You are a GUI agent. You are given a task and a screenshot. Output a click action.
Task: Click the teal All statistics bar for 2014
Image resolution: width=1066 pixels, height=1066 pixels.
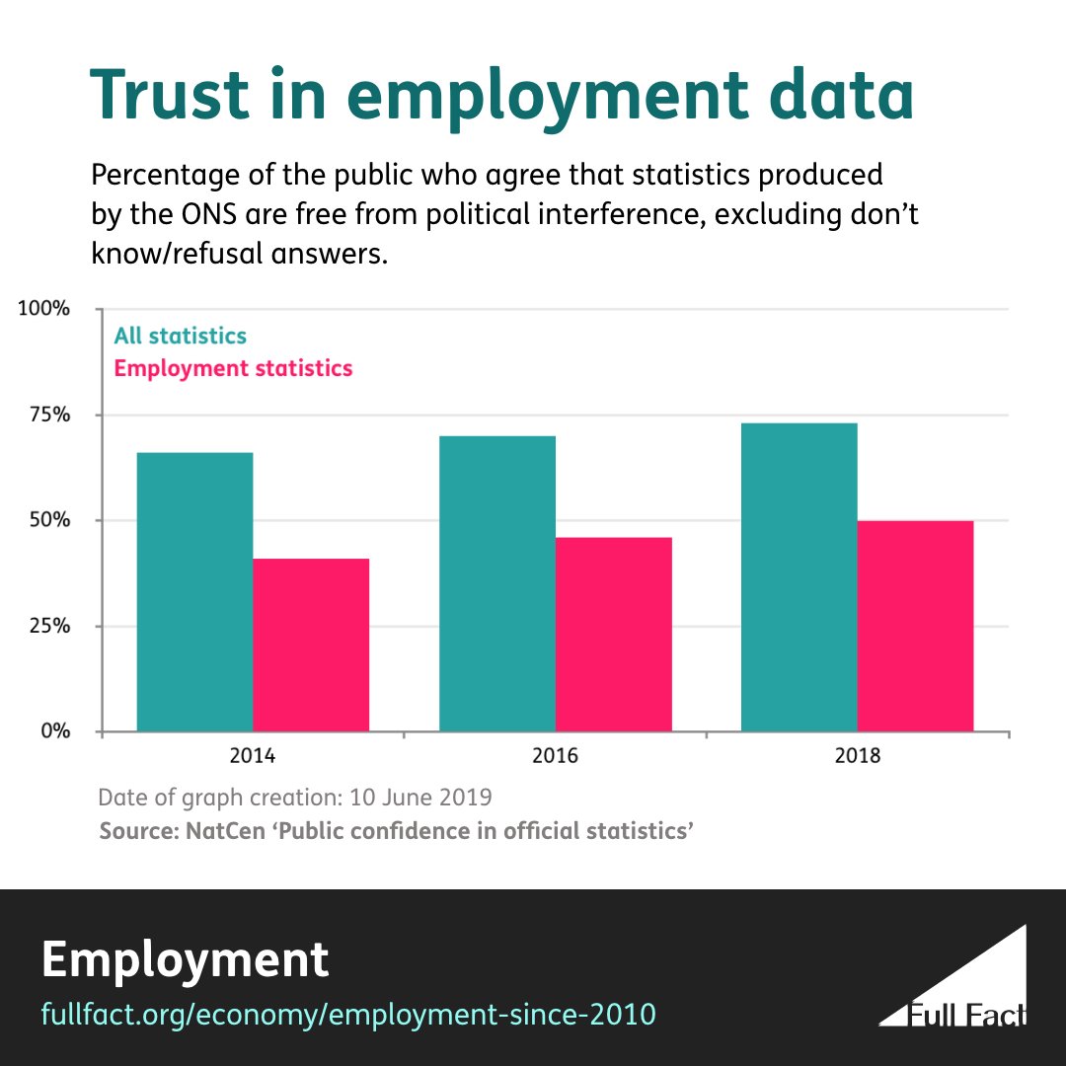click(x=194, y=592)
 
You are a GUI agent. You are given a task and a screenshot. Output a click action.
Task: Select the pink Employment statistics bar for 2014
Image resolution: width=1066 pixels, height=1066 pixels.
click(x=311, y=646)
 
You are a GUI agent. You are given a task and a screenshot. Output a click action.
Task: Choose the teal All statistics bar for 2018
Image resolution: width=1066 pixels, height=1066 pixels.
click(x=799, y=577)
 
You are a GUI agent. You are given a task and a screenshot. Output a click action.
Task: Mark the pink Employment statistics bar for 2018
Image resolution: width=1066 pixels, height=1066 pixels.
click(x=916, y=626)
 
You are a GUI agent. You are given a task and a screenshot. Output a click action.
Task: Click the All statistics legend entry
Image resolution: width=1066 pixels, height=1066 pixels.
click(x=180, y=336)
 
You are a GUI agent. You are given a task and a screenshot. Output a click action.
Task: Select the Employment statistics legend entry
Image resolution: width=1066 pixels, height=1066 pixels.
click(x=233, y=368)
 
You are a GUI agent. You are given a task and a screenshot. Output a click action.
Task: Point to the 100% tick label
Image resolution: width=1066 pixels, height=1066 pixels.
click(x=44, y=309)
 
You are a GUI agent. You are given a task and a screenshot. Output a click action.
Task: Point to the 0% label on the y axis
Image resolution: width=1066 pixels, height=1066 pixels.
click(x=53, y=731)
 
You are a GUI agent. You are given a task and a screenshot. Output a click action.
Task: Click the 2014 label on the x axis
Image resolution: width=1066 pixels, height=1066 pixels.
click(x=253, y=758)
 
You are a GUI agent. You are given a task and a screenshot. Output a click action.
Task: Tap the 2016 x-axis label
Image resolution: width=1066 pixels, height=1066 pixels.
click(x=555, y=758)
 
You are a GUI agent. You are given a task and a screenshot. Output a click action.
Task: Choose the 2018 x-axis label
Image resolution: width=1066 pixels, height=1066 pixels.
click(x=857, y=758)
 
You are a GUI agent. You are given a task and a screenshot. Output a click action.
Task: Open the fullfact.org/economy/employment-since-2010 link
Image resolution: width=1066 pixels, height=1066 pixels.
click(x=348, y=1014)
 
